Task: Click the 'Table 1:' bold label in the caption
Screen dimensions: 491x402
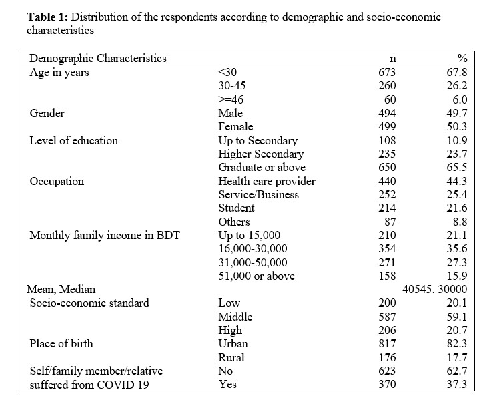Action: [47, 17]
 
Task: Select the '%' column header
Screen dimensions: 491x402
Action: [462, 58]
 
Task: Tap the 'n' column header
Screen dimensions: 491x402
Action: [393, 59]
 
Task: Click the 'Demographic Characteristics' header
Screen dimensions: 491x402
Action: [98, 59]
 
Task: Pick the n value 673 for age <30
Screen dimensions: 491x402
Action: [387, 72]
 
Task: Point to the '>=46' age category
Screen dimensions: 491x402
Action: [231, 99]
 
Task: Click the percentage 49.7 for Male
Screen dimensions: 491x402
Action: [456, 113]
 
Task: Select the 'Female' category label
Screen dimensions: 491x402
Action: [235, 127]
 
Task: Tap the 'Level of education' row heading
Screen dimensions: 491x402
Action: [74, 140]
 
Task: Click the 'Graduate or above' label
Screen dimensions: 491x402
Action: [262, 168]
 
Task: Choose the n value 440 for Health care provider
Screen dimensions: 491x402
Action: [387, 181]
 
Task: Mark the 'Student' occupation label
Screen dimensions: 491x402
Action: [236, 208]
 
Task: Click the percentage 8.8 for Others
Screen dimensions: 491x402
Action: [460, 222]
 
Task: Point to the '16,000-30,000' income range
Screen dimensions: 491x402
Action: [253, 249]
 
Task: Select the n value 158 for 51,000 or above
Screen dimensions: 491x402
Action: [387, 276]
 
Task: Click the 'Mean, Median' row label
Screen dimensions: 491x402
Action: [61, 290]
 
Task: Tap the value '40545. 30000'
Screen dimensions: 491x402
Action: [435, 290]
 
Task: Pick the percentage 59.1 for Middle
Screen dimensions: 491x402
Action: [456, 317]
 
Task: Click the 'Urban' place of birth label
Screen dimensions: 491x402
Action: [233, 344]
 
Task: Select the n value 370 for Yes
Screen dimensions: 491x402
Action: [387, 385]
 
